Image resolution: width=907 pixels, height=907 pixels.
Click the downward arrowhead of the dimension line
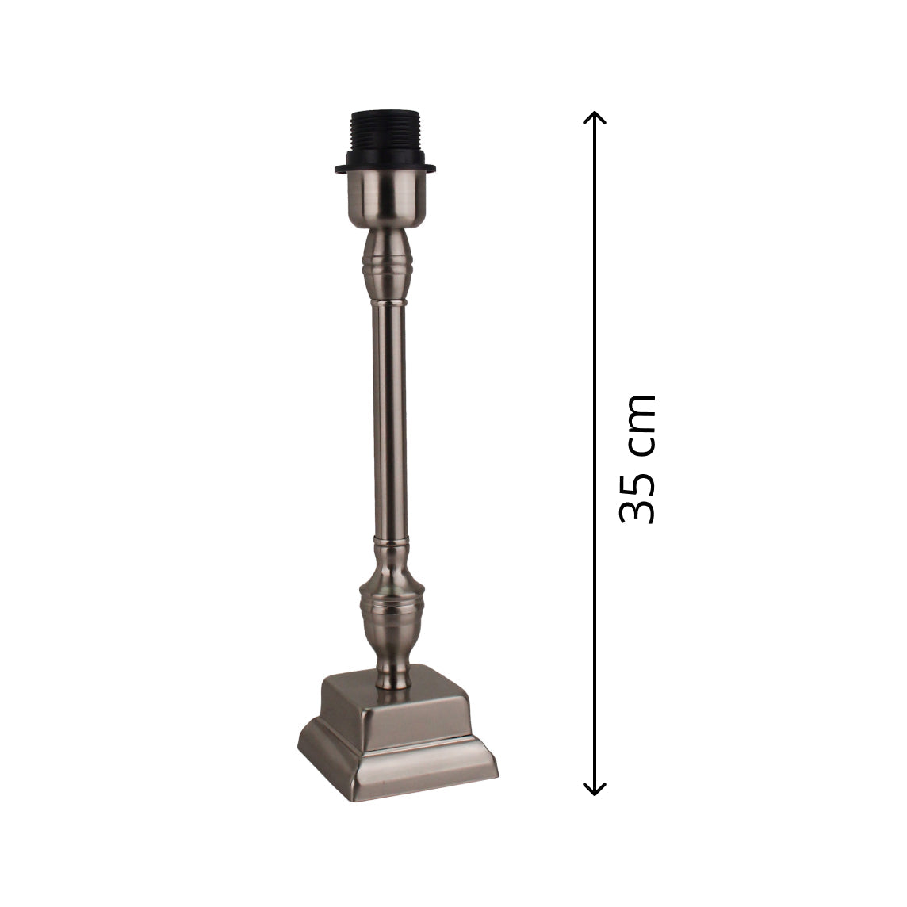click(595, 790)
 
